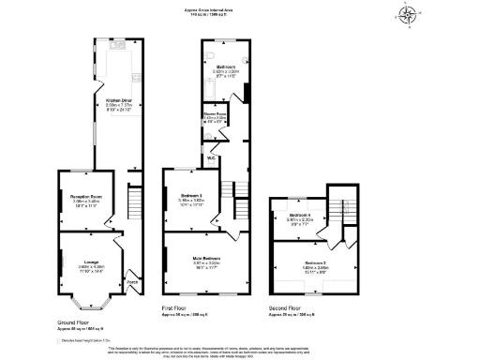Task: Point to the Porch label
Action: tap(132, 282)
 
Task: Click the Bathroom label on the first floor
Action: tap(225, 67)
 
